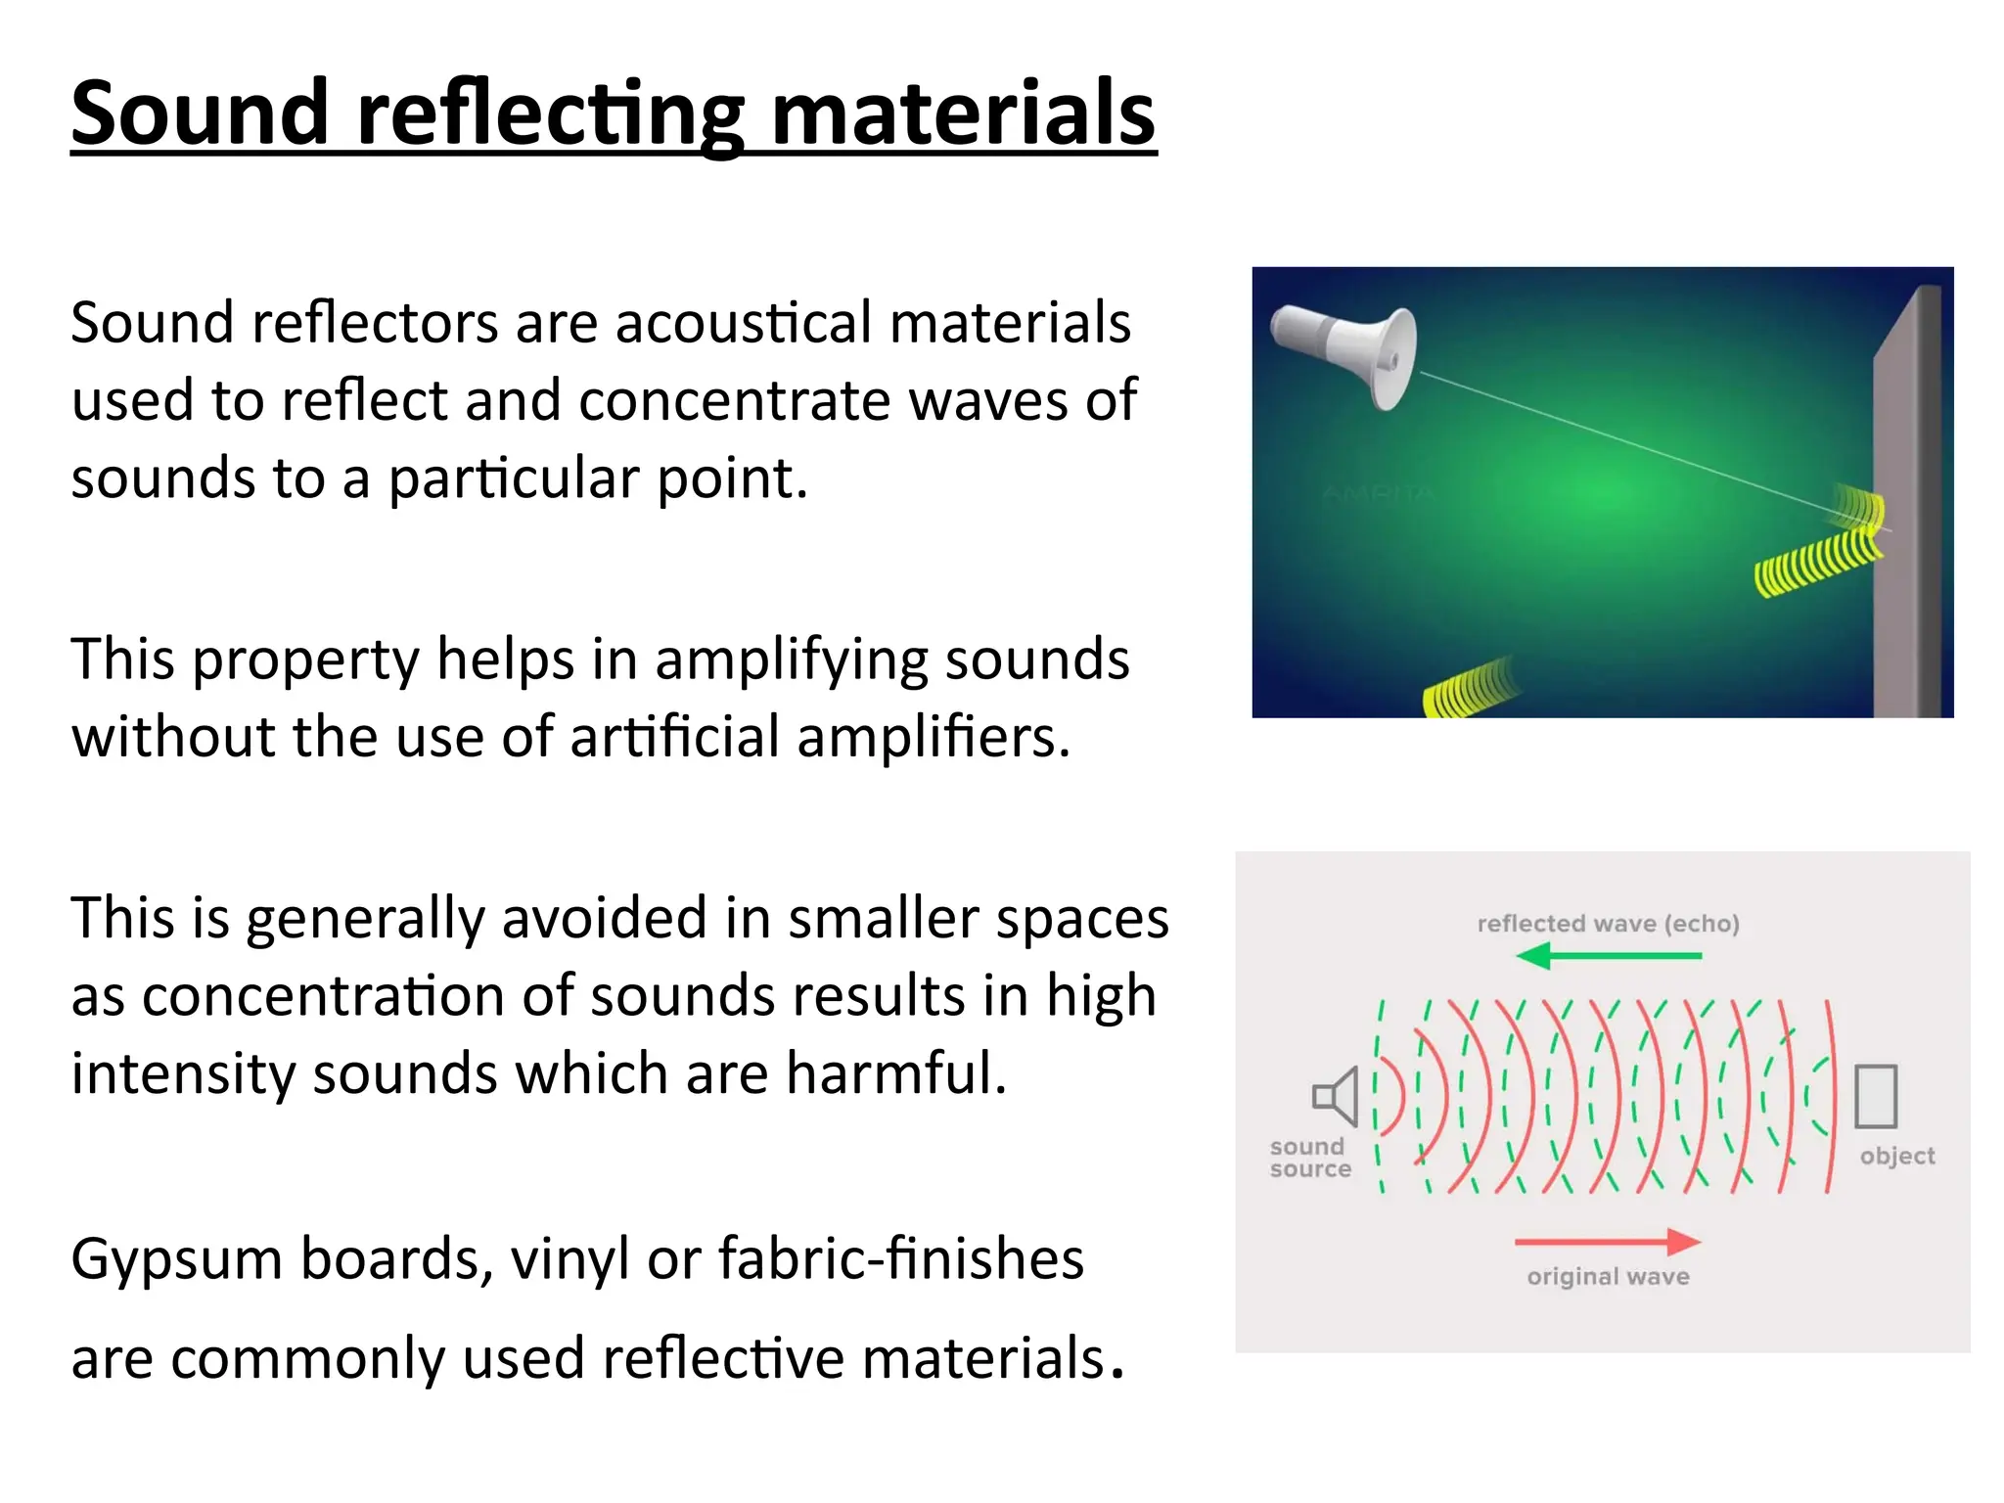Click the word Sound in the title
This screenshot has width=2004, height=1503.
pyautogui.click(x=200, y=114)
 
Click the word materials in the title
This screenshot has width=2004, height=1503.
pyautogui.click(x=963, y=114)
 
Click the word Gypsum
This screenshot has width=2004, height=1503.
pyautogui.click(x=176, y=1260)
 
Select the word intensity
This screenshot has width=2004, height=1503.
pyautogui.click(x=183, y=1073)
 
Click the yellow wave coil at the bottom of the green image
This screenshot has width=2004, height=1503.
pyautogui.click(x=1468, y=689)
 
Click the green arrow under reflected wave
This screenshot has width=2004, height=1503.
pyautogui.click(x=1609, y=955)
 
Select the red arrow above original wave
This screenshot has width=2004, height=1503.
pyautogui.click(x=1609, y=1242)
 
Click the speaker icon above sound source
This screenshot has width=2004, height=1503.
pyautogui.click(x=1337, y=1096)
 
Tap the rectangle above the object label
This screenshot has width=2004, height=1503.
pyautogui.click(x=1876, y=1096)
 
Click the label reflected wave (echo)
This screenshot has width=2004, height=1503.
pyautogui.click(x=1608, y=924)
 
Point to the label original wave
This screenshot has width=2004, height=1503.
pyautogui.click(x=1608, y=1276)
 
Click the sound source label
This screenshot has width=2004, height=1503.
pyautogui.click(x=1309, y=1158)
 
